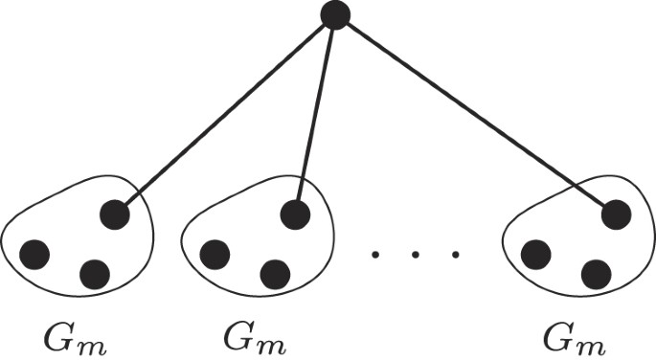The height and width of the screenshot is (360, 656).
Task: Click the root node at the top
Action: pyautogui.click(x=335, y=15)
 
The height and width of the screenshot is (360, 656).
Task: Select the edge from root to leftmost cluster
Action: pyautogui.click(x=225, y=115)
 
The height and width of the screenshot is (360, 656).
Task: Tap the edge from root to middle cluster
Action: pyautogui.click(x=316, y=115)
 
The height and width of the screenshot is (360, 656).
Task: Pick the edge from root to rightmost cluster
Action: pyautogui.click(x=474, y=115)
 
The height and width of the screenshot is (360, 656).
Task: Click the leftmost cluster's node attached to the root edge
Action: pyautogui.click(x=115, y=214)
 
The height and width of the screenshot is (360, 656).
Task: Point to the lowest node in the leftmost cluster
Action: pyautogui.click(x=94, y=275)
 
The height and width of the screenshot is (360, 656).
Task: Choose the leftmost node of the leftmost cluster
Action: pyautogui.click(x=34, y=254)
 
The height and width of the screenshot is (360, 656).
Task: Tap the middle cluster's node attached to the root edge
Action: pyautogui.click(x=296, y=214)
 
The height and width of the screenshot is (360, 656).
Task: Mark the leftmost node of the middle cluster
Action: pyautogui.click(x=215, y=254)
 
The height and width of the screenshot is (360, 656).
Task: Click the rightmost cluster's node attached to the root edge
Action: pyautogui.click(x=616, y=214)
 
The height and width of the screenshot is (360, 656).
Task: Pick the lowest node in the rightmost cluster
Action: pyautogui.click(x=595, y=275)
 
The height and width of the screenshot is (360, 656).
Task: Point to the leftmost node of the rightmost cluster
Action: pyautogui.click(x=535, y=254)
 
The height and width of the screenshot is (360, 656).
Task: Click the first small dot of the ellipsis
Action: pyautogui.click(x=375, y=255)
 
